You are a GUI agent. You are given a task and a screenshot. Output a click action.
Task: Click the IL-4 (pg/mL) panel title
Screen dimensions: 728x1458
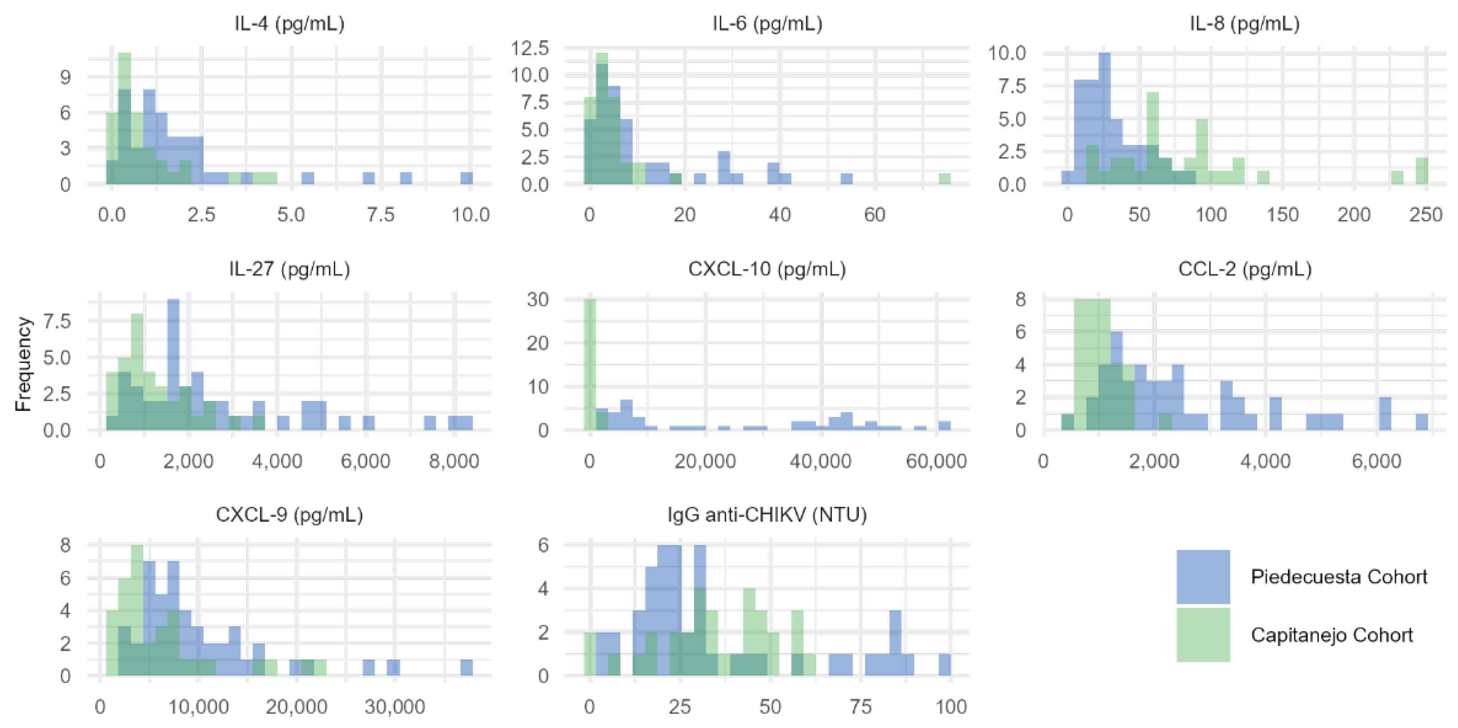click(x=289, y=24)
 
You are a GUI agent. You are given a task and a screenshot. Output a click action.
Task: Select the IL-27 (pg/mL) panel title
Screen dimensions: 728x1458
click(x=289, y=269)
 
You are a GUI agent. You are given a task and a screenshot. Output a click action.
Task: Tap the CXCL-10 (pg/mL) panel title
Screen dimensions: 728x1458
click(x=767, y=269)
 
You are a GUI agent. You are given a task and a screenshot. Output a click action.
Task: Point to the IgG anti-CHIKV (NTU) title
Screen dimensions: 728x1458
click(x=767, y=514)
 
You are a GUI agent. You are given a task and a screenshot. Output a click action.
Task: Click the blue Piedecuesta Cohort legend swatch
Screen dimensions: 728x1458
click(x=1203, y=576)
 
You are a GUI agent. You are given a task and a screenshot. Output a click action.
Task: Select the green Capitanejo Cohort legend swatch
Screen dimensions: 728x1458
click(x=1203, y=635)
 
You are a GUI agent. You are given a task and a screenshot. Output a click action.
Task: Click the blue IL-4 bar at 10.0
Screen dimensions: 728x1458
click(x=466, y=178)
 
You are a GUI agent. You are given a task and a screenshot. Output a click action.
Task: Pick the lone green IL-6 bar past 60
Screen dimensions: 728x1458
click(x=944, y=179)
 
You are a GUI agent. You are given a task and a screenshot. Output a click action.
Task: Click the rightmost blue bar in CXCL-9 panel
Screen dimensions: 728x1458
click(x=466, y=668)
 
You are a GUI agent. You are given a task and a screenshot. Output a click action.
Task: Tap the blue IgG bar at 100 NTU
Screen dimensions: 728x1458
click(x=944, y=665)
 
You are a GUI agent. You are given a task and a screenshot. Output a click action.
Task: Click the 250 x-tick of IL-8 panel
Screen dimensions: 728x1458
click(x=1426, y=215)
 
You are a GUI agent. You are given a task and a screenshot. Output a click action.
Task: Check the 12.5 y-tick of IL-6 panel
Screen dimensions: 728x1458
click(x=530, y=49)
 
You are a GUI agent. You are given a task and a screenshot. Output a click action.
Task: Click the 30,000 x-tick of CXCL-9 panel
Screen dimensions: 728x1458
click(x=395, y=707)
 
